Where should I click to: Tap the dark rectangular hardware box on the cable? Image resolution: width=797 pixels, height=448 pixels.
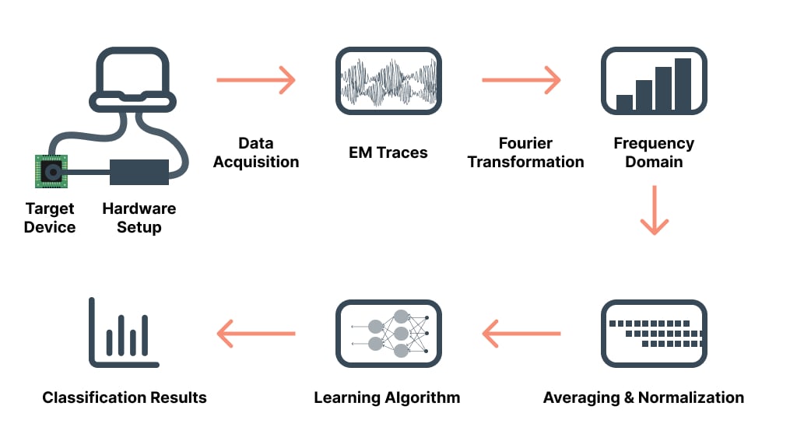(139, 172)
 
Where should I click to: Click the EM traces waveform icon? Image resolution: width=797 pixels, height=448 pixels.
(388, 81)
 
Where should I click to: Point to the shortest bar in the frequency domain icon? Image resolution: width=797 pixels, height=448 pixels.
(624, 103)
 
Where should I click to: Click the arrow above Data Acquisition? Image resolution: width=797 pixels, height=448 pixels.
(255, 79)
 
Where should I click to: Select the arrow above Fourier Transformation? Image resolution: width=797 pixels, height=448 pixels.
(521, 79)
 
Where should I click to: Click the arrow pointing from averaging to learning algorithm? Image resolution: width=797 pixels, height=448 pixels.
(521, 334)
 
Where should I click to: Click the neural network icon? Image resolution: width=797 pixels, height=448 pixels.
(388, 334)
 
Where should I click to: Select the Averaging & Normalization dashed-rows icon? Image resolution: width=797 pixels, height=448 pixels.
(654, 334)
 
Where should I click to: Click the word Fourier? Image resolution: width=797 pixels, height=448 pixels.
(525, 144)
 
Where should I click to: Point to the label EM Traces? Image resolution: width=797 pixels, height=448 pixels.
(388, 152)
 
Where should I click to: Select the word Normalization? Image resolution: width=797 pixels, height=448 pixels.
(690, 397)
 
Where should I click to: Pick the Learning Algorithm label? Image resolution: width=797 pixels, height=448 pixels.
(387, 397)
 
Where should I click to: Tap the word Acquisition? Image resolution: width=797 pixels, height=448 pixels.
(256, 162)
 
